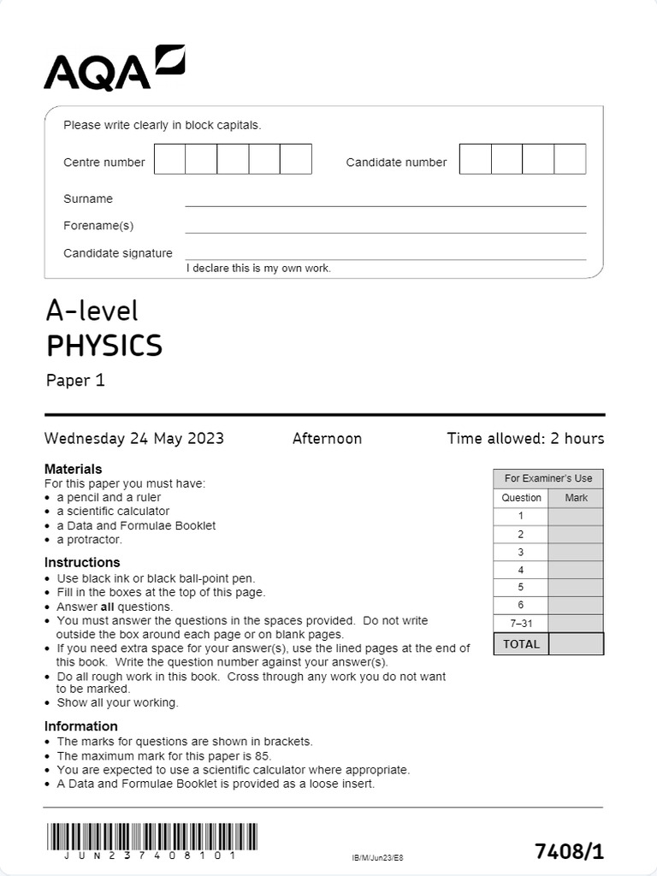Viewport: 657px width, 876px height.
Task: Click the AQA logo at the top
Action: tap(114, 68)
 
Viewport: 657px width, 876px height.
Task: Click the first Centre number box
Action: tap(170, 159)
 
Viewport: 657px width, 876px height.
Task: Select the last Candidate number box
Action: tap(570, 159)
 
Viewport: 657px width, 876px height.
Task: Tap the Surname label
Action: tap(88, 198)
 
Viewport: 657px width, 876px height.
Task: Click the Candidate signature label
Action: tap(118, 253)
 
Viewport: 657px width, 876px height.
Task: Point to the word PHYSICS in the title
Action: tap(104, 346)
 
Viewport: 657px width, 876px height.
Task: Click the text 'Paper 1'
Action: tap(75, 381)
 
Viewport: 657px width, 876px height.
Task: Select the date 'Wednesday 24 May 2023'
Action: tap(134, 439)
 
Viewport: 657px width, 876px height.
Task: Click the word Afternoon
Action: tap(327, 439)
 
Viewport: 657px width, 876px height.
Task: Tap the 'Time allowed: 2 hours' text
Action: tap(525, 439)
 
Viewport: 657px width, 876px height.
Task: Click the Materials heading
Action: tap(73, 469)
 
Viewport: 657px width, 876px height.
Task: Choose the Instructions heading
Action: tap(82, 562)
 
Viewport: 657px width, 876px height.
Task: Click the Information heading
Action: tap(81, 726)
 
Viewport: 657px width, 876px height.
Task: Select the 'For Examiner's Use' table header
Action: tap(548, 478)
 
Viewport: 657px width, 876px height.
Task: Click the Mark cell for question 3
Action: tap(576, 552)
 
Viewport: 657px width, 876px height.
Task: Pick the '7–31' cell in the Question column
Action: tap(521, 624)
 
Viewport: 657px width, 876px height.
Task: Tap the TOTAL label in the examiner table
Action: tap(521, 644)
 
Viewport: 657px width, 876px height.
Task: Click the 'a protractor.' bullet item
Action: tap(90, 540)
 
